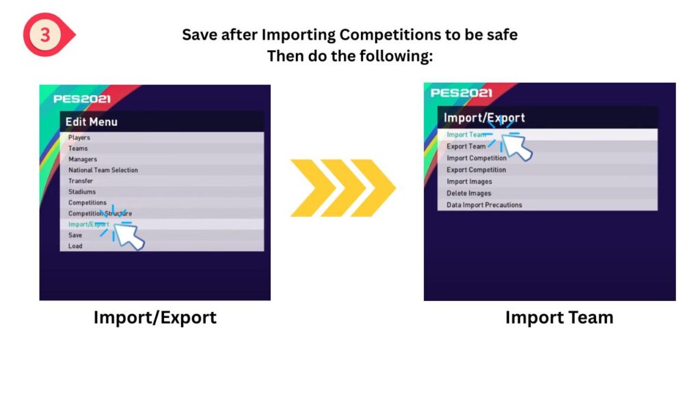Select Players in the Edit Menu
[x=79, y=137]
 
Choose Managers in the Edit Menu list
[x=83, y=159]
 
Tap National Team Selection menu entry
[x=103, y=170]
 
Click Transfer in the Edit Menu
[x=81, y=181]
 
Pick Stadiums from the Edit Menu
[x=82, y=192]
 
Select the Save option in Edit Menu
[x=75, y=235]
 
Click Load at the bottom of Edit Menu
[x=75, y=246]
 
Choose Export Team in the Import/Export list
[x=466, y=146]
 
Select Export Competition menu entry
[x=476, y=170]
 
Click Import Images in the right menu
[x=469, y=181]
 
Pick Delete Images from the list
[x=469, y=194]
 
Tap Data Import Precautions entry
[x=485, y=205]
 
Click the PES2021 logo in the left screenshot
[x=82, y=98]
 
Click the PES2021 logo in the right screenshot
[x=461, y=93]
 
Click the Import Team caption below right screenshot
[x=559, y=317]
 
